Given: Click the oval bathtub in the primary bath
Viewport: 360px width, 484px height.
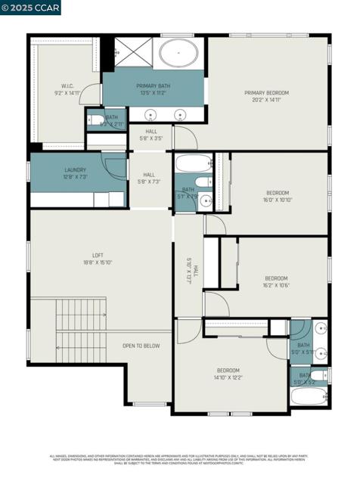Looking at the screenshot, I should pos(180,54).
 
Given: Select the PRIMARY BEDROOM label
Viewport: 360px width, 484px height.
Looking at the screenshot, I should pos(266,93).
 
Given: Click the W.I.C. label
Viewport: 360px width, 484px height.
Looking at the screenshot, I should pos(67,86).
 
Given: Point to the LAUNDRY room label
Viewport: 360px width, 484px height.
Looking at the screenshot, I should pos(75,170).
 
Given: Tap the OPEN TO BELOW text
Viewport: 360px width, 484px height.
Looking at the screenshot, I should pos(141,346).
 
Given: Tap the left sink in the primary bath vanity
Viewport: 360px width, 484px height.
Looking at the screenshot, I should pos(151,114).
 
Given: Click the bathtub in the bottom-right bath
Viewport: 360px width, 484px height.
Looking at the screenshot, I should pos(309,397).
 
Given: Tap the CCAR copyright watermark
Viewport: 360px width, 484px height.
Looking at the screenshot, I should pos(30,8).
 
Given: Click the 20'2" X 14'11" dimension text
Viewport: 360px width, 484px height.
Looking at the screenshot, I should pos(266,99).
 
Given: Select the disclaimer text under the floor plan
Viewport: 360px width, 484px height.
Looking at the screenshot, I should pos(180,459).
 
